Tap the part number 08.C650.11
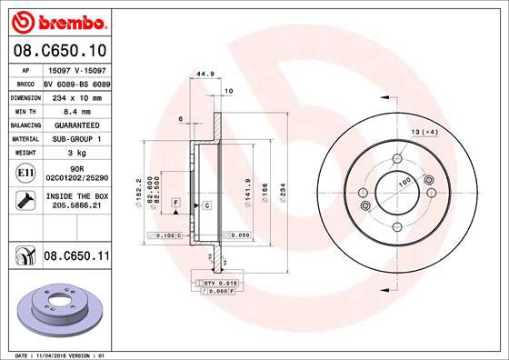click(76, 258)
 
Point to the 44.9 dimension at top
click(205, 75)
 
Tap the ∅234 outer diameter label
click(284, 193)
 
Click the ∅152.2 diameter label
click(138, 193)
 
